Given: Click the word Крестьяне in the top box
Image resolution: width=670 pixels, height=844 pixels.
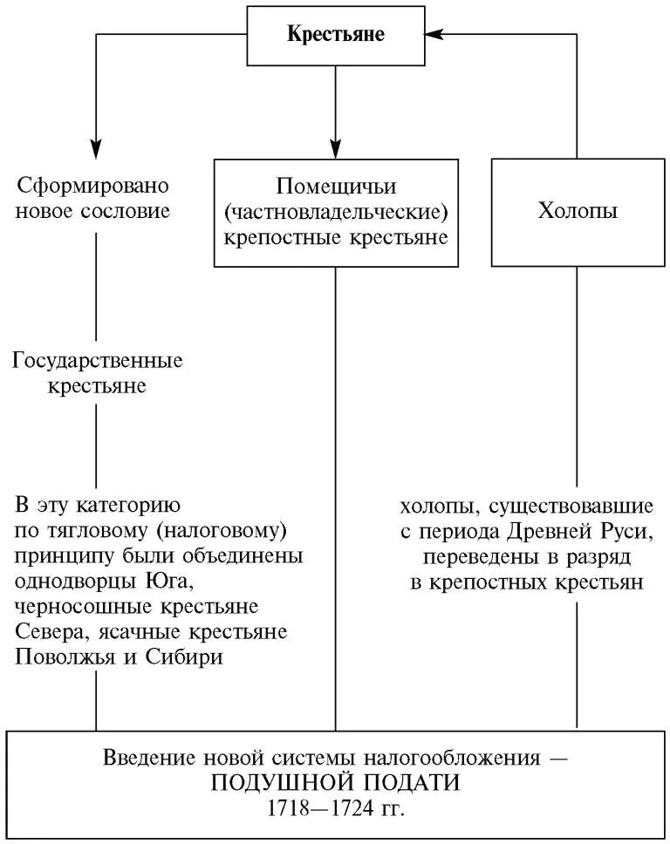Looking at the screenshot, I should click(336, 35).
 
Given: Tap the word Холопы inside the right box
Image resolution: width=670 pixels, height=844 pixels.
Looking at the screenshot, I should click(578, 211).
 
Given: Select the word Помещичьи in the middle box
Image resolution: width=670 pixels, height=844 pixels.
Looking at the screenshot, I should click(336, 186).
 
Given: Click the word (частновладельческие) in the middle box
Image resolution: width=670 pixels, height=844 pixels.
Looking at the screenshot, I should click(336, 211).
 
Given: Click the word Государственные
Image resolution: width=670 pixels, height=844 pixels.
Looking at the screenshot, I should click(98, 360).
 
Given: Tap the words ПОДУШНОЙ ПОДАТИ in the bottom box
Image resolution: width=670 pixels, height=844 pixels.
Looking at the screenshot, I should click(336, 781).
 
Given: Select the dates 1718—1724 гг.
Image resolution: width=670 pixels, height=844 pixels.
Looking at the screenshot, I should click(336, 807).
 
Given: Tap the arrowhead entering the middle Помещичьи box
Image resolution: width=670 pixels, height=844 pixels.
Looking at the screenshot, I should click(336, 148).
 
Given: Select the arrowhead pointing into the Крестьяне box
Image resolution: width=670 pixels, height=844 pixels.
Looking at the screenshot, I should click(435, 35).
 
